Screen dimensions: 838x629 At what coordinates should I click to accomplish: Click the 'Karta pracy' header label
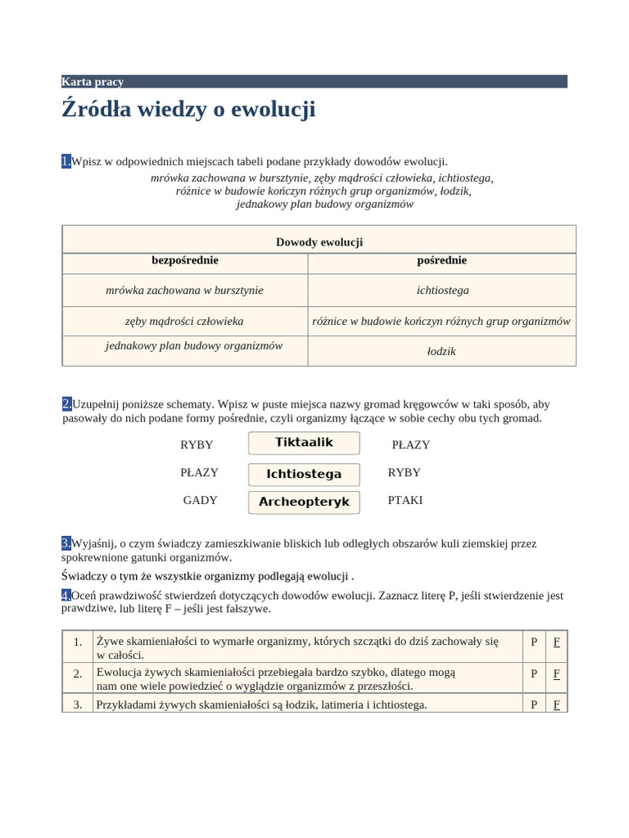point(93,82)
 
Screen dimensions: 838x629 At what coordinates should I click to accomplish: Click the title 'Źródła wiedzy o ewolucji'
point(188,110)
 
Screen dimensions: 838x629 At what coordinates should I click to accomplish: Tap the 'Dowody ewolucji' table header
point(319,242)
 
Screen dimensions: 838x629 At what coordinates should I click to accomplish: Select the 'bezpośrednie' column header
point(185,260)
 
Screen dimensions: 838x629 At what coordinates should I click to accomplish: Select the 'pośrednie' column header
point(442,260)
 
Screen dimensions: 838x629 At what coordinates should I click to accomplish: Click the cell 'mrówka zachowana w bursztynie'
point(185,290)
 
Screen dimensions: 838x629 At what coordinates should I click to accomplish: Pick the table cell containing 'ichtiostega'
point(442,290)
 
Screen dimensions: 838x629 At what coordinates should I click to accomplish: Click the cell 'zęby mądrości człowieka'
point(185,321)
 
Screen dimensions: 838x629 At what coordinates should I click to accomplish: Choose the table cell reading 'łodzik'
point(442,351)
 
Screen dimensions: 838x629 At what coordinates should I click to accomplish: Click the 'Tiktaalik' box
point(304,443)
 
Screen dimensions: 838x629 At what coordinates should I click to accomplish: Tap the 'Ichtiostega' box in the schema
point(304,474)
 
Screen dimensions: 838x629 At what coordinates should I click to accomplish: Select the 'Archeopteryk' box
point(304,502)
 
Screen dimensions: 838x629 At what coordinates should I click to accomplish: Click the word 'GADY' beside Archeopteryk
point(200,500)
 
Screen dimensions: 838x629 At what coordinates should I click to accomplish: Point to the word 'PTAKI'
point(405,500)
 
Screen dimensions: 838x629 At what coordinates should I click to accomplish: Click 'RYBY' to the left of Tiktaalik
point(197,444)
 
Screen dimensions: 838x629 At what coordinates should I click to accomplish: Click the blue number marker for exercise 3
point(66,543)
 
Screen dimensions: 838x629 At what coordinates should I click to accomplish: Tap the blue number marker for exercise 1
point(66,161)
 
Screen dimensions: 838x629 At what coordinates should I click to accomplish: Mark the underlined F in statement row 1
point(556,642)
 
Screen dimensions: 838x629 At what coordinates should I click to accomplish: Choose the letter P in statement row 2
point(534,674)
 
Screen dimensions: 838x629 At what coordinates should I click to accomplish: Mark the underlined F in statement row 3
point(556,704)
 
